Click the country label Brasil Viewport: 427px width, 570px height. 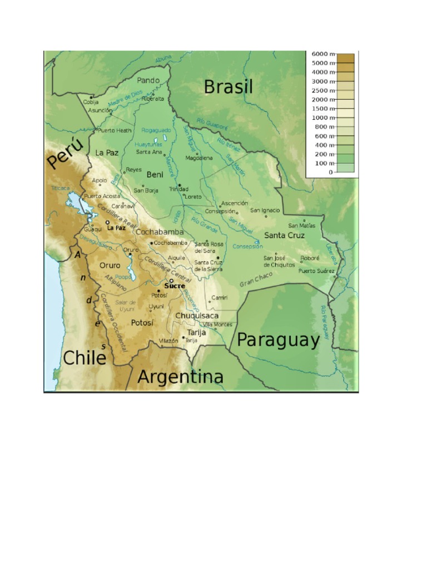pos(228,87)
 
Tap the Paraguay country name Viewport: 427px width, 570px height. pos(278,340)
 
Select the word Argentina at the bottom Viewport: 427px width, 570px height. pos(180,377)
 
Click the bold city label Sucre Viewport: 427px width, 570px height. pos(175,286)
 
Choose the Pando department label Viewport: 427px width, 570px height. pos(148,80)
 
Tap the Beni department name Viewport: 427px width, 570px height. pos(155,174)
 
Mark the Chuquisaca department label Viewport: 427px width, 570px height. pos(197,316)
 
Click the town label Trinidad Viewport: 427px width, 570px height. pos(178,189)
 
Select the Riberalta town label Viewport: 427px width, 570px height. pos(153,99)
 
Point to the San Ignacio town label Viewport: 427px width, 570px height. pos(265,210)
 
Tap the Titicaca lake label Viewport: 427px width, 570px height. pos(60,188)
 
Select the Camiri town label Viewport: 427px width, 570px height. pos(219,298)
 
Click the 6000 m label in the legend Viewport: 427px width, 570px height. pos(322,54)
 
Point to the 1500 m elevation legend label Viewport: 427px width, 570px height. pos(322,109)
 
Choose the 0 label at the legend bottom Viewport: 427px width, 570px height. pos(330,172)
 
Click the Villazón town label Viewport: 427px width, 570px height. pos(168,340)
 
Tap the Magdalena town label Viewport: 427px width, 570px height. pos(199,158)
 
